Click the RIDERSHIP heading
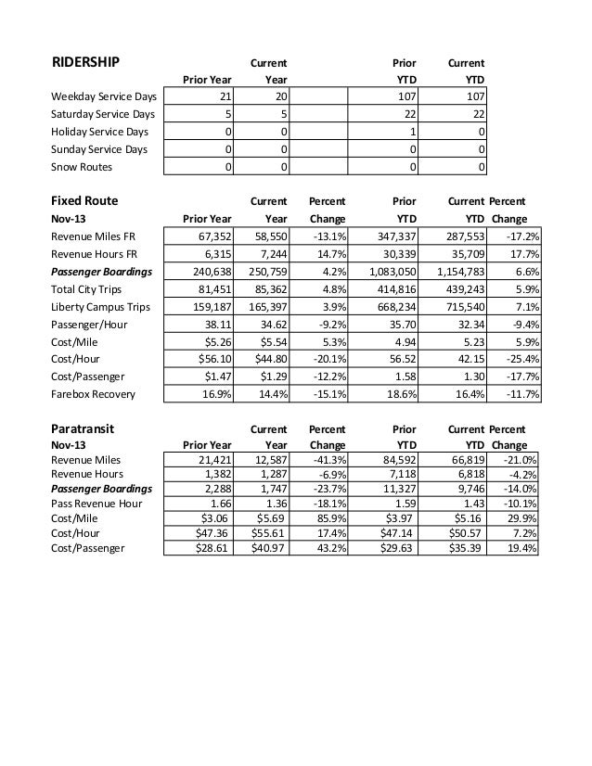tap(84, 62)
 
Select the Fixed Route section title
tap(84, 199)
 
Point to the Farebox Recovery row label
tap(94, 394)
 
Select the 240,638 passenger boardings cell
tap(210, 271)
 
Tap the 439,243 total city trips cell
tap(461, 288)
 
